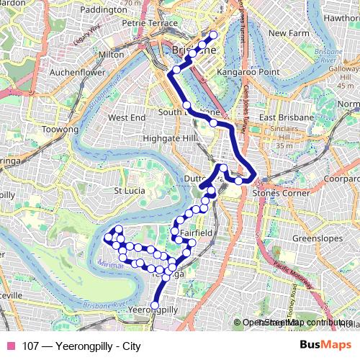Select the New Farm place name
click(x=288, y=33)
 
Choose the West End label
click(x=126, y=117)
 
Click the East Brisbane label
click(x=287, y=117)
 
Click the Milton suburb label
click(x=112, y=55)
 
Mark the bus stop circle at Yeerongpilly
click(x=154, y=305)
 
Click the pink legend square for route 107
click(x=9, y=346)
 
